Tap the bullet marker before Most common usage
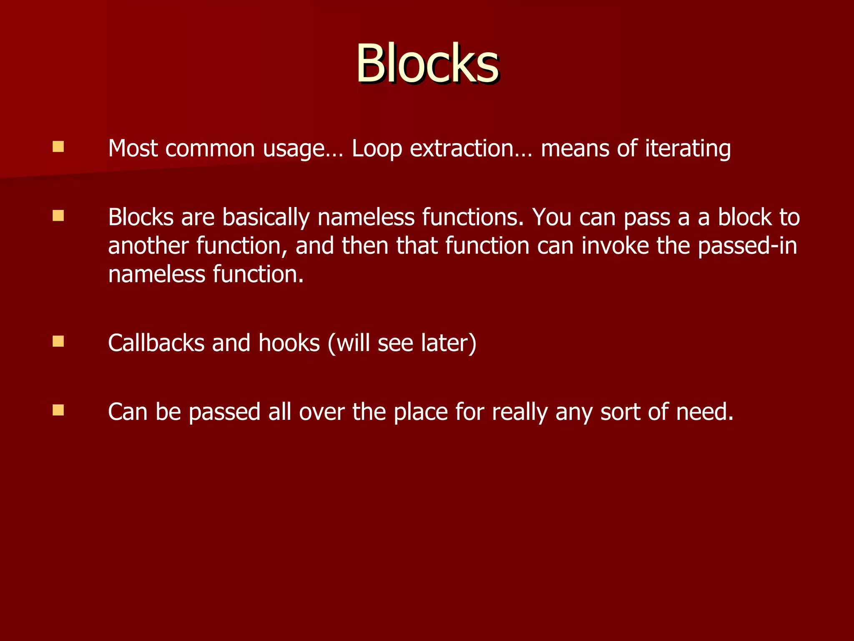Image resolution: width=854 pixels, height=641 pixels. pos(58,147)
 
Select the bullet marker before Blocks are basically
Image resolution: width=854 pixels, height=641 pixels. pos(58,216)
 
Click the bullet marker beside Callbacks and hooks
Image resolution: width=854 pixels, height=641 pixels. pos(58,341)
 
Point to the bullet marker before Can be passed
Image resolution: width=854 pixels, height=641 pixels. pos(58,410)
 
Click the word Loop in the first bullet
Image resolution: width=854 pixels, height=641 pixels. pos(377,149)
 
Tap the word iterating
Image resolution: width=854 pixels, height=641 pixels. pos(688,149)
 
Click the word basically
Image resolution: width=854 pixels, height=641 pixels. pos(266,218)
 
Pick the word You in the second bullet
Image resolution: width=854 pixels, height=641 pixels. pos(551,218)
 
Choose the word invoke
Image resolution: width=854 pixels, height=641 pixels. pos(615,246)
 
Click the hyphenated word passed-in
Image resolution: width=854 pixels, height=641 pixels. pos(747,246)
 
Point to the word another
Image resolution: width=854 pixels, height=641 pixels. pos(148,246)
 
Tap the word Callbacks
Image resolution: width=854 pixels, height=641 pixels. pos(156,343)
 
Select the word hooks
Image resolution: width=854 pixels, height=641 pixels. pos(289,343)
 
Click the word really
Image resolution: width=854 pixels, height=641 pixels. pos(520,412)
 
